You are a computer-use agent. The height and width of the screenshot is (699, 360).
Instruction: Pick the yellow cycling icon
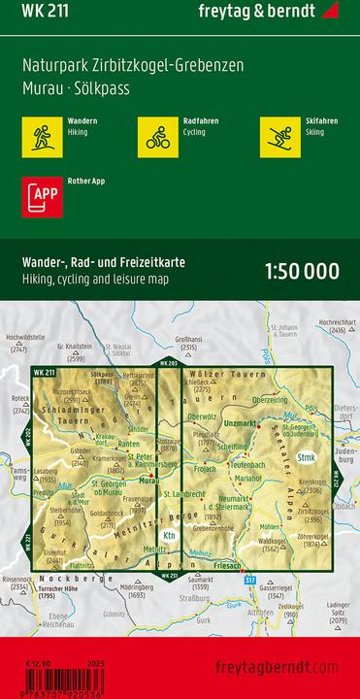[x=156, y=135]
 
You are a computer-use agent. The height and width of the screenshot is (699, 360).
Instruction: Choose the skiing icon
[x=278, y=135]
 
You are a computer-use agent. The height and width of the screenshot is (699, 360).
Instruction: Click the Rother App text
[x=88, y=182]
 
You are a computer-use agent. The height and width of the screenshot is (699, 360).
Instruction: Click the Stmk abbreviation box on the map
[x=308, y=457]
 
